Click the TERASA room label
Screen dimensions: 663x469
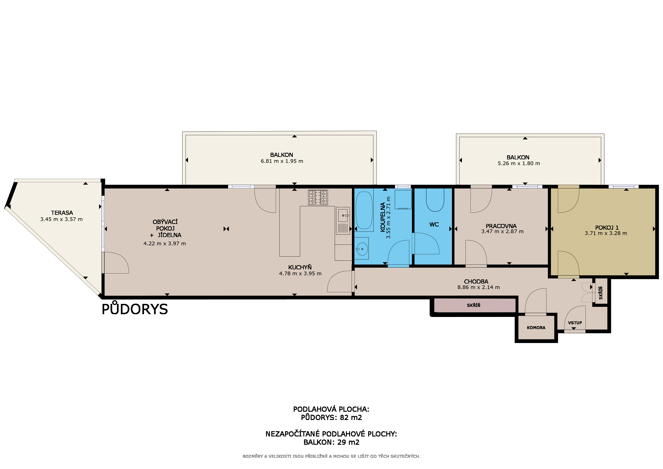coord(62,213)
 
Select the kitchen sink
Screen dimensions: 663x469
coord(343,221)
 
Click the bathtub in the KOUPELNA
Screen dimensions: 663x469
coord(364,210)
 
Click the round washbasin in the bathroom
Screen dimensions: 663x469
coord(362,249)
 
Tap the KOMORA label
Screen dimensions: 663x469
coord(536,327)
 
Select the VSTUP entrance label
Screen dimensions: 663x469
coord(575,323)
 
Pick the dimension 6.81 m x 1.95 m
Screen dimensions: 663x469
coord(282,161)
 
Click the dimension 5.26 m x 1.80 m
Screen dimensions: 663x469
coord(519,164)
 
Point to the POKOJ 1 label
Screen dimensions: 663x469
coord(607,228)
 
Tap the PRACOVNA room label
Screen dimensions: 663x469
coord(501,226)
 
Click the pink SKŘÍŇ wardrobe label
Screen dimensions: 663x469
coord(474,305)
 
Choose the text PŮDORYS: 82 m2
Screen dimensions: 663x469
coord(331,418)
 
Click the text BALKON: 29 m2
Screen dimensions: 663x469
coord(331,442)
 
